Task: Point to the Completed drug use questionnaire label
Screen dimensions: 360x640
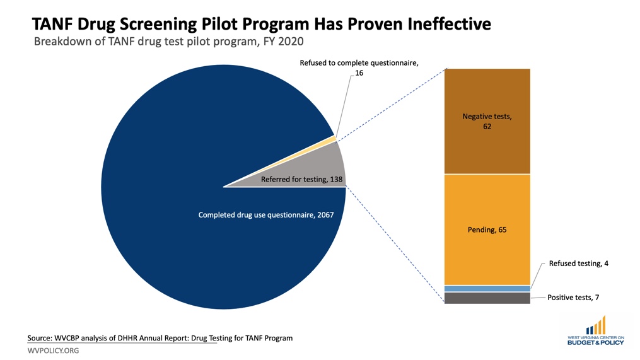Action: pos(265,215)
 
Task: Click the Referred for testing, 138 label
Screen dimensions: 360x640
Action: pos(301,180)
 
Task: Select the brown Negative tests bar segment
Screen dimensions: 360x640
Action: pos(487,151)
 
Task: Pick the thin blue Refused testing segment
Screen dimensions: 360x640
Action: pos(487,288)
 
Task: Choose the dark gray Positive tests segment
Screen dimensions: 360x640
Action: pos(487,298)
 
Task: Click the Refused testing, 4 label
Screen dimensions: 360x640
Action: pos(578,263)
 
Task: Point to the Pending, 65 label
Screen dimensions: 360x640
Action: pos(487,229)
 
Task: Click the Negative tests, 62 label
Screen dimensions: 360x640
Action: pos(487,122)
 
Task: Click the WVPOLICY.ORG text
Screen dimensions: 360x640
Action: pos(53,351)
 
